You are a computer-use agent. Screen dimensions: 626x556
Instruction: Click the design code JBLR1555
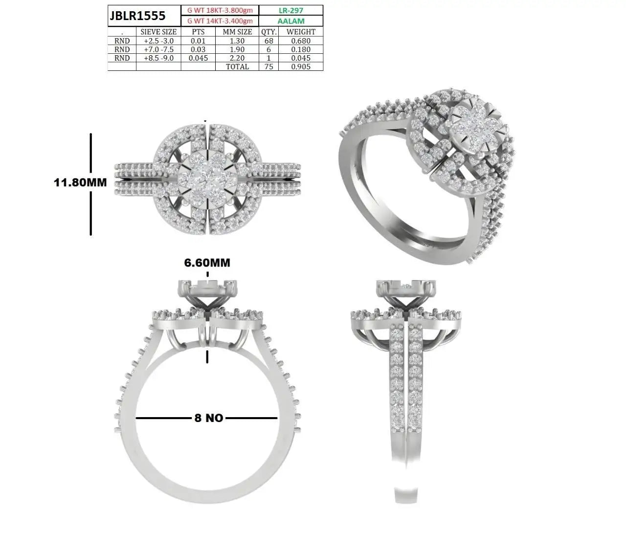[x=137, y=16]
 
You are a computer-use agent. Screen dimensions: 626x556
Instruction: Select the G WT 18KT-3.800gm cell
[x=220, y=10]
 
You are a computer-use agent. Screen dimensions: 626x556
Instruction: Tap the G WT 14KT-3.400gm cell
[x=220, y=21]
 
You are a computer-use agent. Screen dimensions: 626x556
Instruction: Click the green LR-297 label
[x=291, y=10]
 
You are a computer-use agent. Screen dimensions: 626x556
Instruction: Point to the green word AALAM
[x=291, y=21]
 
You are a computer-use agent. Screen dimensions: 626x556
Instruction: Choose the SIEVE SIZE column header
[x=158, y=32]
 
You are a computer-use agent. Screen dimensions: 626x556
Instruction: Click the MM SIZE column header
[x=237, y=32]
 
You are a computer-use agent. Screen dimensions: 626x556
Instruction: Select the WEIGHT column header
[x=301, y=32]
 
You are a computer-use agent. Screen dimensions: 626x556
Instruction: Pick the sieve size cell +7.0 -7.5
[x=158, y=49]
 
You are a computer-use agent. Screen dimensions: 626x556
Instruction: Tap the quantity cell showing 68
[x=269, y=41]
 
